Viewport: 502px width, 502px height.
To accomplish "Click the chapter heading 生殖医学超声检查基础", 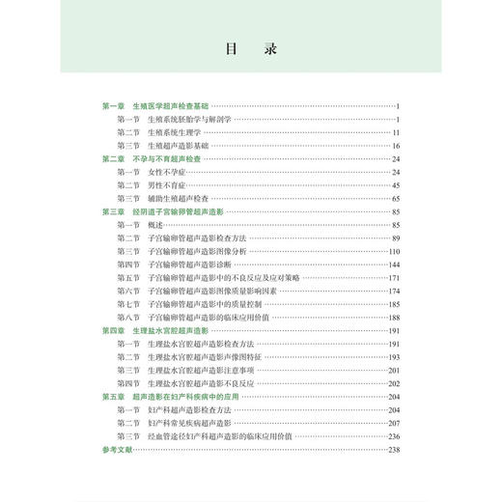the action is click(x=172, y=105).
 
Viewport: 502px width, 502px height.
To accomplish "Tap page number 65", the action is click(x=396, y=197).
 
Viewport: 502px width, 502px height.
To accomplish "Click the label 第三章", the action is click(x=115, y=210).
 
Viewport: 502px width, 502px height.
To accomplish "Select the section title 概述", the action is click(x=155, y=224).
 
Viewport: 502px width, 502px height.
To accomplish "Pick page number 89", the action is click(x=396, y=237).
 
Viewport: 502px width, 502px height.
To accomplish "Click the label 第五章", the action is click(x=115, y=396).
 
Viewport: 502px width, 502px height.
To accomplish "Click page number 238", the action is click(x=394, y=449).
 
